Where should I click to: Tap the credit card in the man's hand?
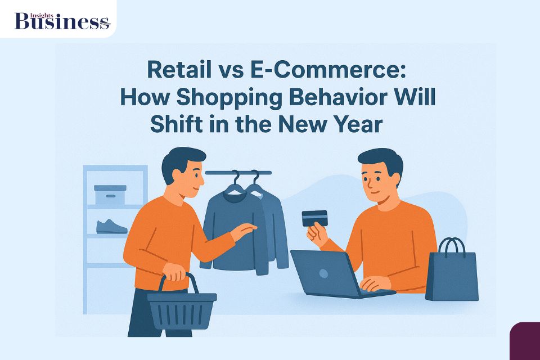pyautogui.click(x=314, y=218)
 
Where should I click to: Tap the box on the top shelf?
pyautogui.click(x=110, y=194)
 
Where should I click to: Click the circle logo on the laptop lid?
pyautogui.click(x=323, y=273)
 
